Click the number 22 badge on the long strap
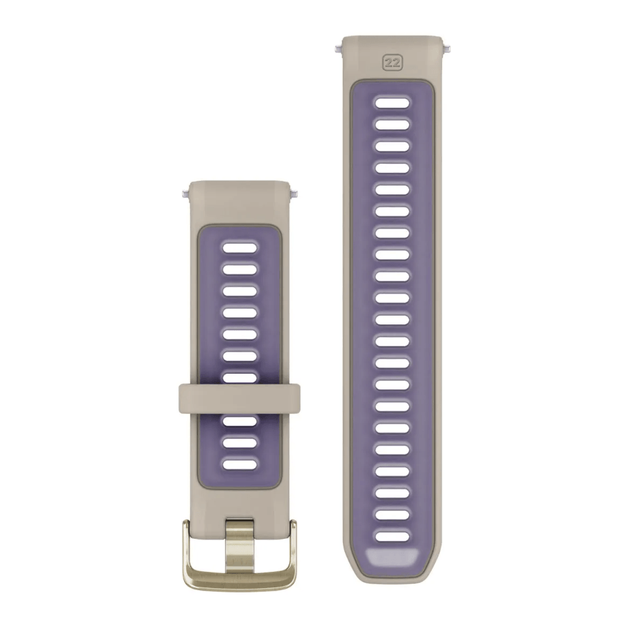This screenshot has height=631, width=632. [x=392, y=63]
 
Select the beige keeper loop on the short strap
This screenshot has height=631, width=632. [x=239, y=399]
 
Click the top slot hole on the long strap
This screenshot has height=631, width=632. [x=392, y=102]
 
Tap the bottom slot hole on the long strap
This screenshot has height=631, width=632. [x=392, y=537]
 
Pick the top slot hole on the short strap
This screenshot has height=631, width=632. [x=240, y=247]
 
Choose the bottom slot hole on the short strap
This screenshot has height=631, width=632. [x=240, y=464]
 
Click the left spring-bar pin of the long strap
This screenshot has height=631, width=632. [x=338, y=49]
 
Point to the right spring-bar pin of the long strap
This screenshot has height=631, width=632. [x=446, y=49]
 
